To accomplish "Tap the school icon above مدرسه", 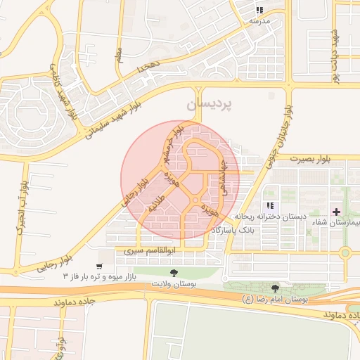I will point(259,11).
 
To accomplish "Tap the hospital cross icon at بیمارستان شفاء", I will point(336,212).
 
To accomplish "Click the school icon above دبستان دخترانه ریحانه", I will point(270,206).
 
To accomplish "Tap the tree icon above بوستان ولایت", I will point(174,272).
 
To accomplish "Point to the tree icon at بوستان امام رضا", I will point(275,288).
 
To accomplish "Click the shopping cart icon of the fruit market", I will point(99,266).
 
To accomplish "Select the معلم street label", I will point(119,52).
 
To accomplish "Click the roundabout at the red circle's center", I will point(195,201).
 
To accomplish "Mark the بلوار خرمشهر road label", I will point(173,143).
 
